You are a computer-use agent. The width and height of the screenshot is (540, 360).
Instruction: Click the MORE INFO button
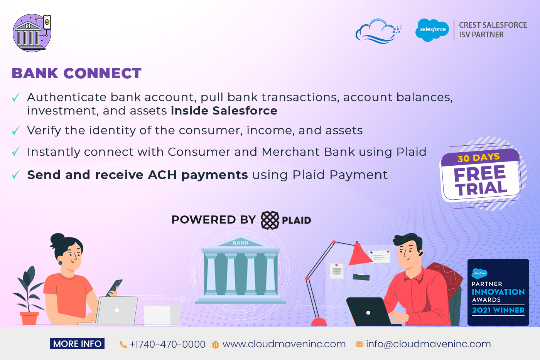[x=77, y=343]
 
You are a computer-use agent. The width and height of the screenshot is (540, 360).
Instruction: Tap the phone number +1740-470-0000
[x=167, y=344]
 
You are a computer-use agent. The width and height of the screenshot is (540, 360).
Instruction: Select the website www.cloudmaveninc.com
[x=284, y=344]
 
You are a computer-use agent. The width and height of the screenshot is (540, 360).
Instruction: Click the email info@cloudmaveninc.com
[x=429, y=344]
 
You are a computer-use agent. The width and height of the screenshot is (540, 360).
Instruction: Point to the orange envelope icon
[x=359, y=344]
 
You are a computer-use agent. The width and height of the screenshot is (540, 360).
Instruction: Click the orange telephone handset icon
[x=123, y=345]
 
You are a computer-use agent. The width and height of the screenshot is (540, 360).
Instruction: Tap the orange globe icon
[x=215, y=345]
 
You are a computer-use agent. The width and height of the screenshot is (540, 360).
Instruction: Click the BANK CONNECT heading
[x=77, y=73]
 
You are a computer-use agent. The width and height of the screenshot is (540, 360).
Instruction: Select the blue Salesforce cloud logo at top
[x=432, y=30]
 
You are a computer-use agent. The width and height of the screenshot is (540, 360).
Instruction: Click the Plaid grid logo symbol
[x=270, y=220]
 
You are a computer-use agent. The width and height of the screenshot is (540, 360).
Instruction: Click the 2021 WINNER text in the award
[x=498, y=310]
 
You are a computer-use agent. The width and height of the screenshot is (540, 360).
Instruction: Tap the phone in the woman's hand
[x=114, y=288]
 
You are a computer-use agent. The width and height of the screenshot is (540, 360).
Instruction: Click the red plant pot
[x=29, y=318]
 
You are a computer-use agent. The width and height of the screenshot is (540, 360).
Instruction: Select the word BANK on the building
[x=240, y=243]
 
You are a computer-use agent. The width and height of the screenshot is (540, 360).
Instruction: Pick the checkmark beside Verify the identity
[x=16, y=130]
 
